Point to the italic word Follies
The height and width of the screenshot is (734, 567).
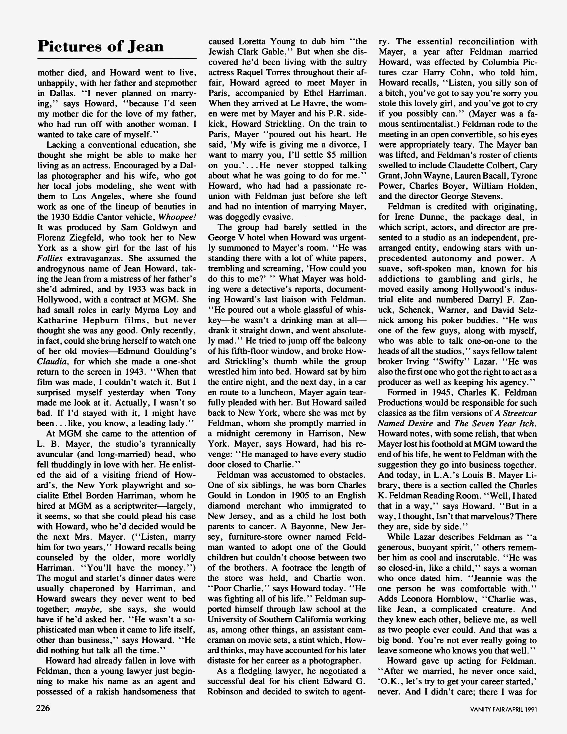[x=49, y=258]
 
